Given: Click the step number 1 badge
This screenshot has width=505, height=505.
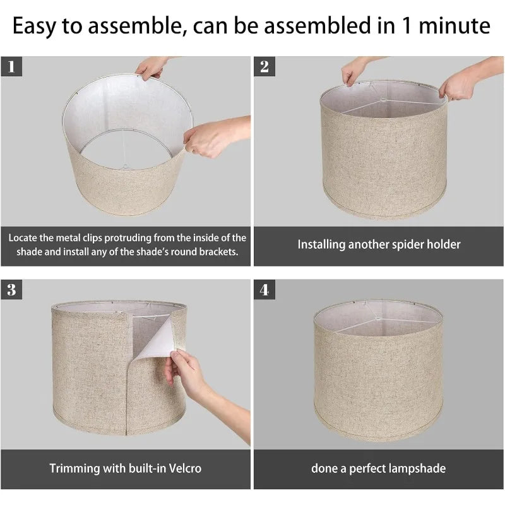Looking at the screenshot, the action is point(11,66).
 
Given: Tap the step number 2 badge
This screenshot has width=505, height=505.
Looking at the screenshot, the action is point(264,66).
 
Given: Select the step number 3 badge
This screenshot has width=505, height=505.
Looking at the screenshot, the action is point(11,289).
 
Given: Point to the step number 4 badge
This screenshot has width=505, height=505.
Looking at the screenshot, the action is point(264,289).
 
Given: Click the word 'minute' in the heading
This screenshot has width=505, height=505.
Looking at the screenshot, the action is point(454,26).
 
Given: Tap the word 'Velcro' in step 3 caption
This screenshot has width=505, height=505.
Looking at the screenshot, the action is point(185,468).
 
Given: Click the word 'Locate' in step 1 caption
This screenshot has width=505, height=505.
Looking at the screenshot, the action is point(23,238).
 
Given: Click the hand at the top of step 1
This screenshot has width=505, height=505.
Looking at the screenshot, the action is point(151,68).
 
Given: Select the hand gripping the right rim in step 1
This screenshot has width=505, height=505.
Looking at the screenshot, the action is point(216,136).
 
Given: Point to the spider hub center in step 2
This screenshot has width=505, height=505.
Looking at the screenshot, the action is point(383,100).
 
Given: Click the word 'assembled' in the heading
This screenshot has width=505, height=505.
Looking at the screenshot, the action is point(318,26).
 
